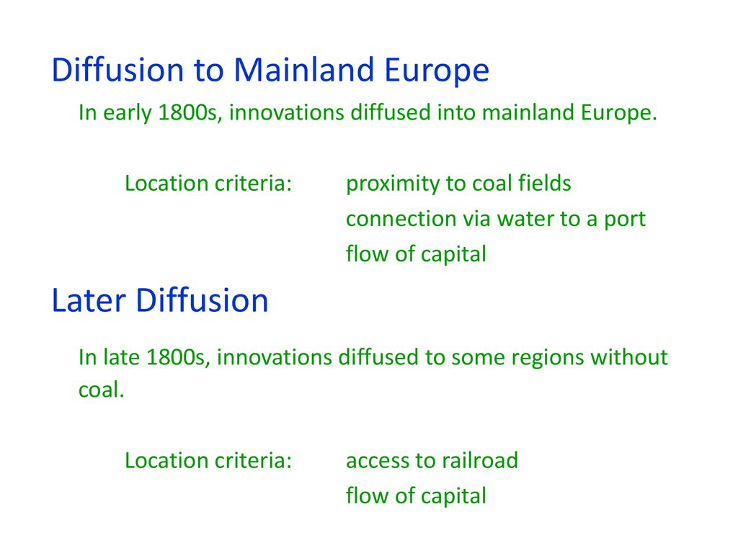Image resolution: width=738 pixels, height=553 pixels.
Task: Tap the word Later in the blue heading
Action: click(89, 300)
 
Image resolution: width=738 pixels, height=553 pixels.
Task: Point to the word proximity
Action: click(396, 184)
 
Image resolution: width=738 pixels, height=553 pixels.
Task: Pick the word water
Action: click(525, 219)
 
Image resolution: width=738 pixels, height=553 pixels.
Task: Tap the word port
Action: click(625, 220)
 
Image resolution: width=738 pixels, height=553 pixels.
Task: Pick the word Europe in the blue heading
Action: click(437, 71)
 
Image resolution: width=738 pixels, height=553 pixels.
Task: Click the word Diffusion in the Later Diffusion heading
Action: click(202, 300)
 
